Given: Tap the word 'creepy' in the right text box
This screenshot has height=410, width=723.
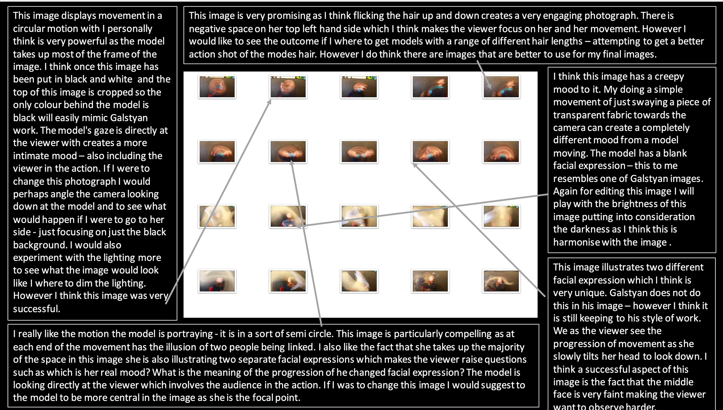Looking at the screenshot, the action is click(x=669, y=77).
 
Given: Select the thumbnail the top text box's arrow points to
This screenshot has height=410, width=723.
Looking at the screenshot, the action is click(x=501, y=87).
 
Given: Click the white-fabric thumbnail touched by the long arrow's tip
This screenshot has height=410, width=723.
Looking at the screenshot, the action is click(x=288, y=216).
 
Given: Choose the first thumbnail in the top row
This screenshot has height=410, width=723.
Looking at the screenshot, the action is click(x=217, y=87).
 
